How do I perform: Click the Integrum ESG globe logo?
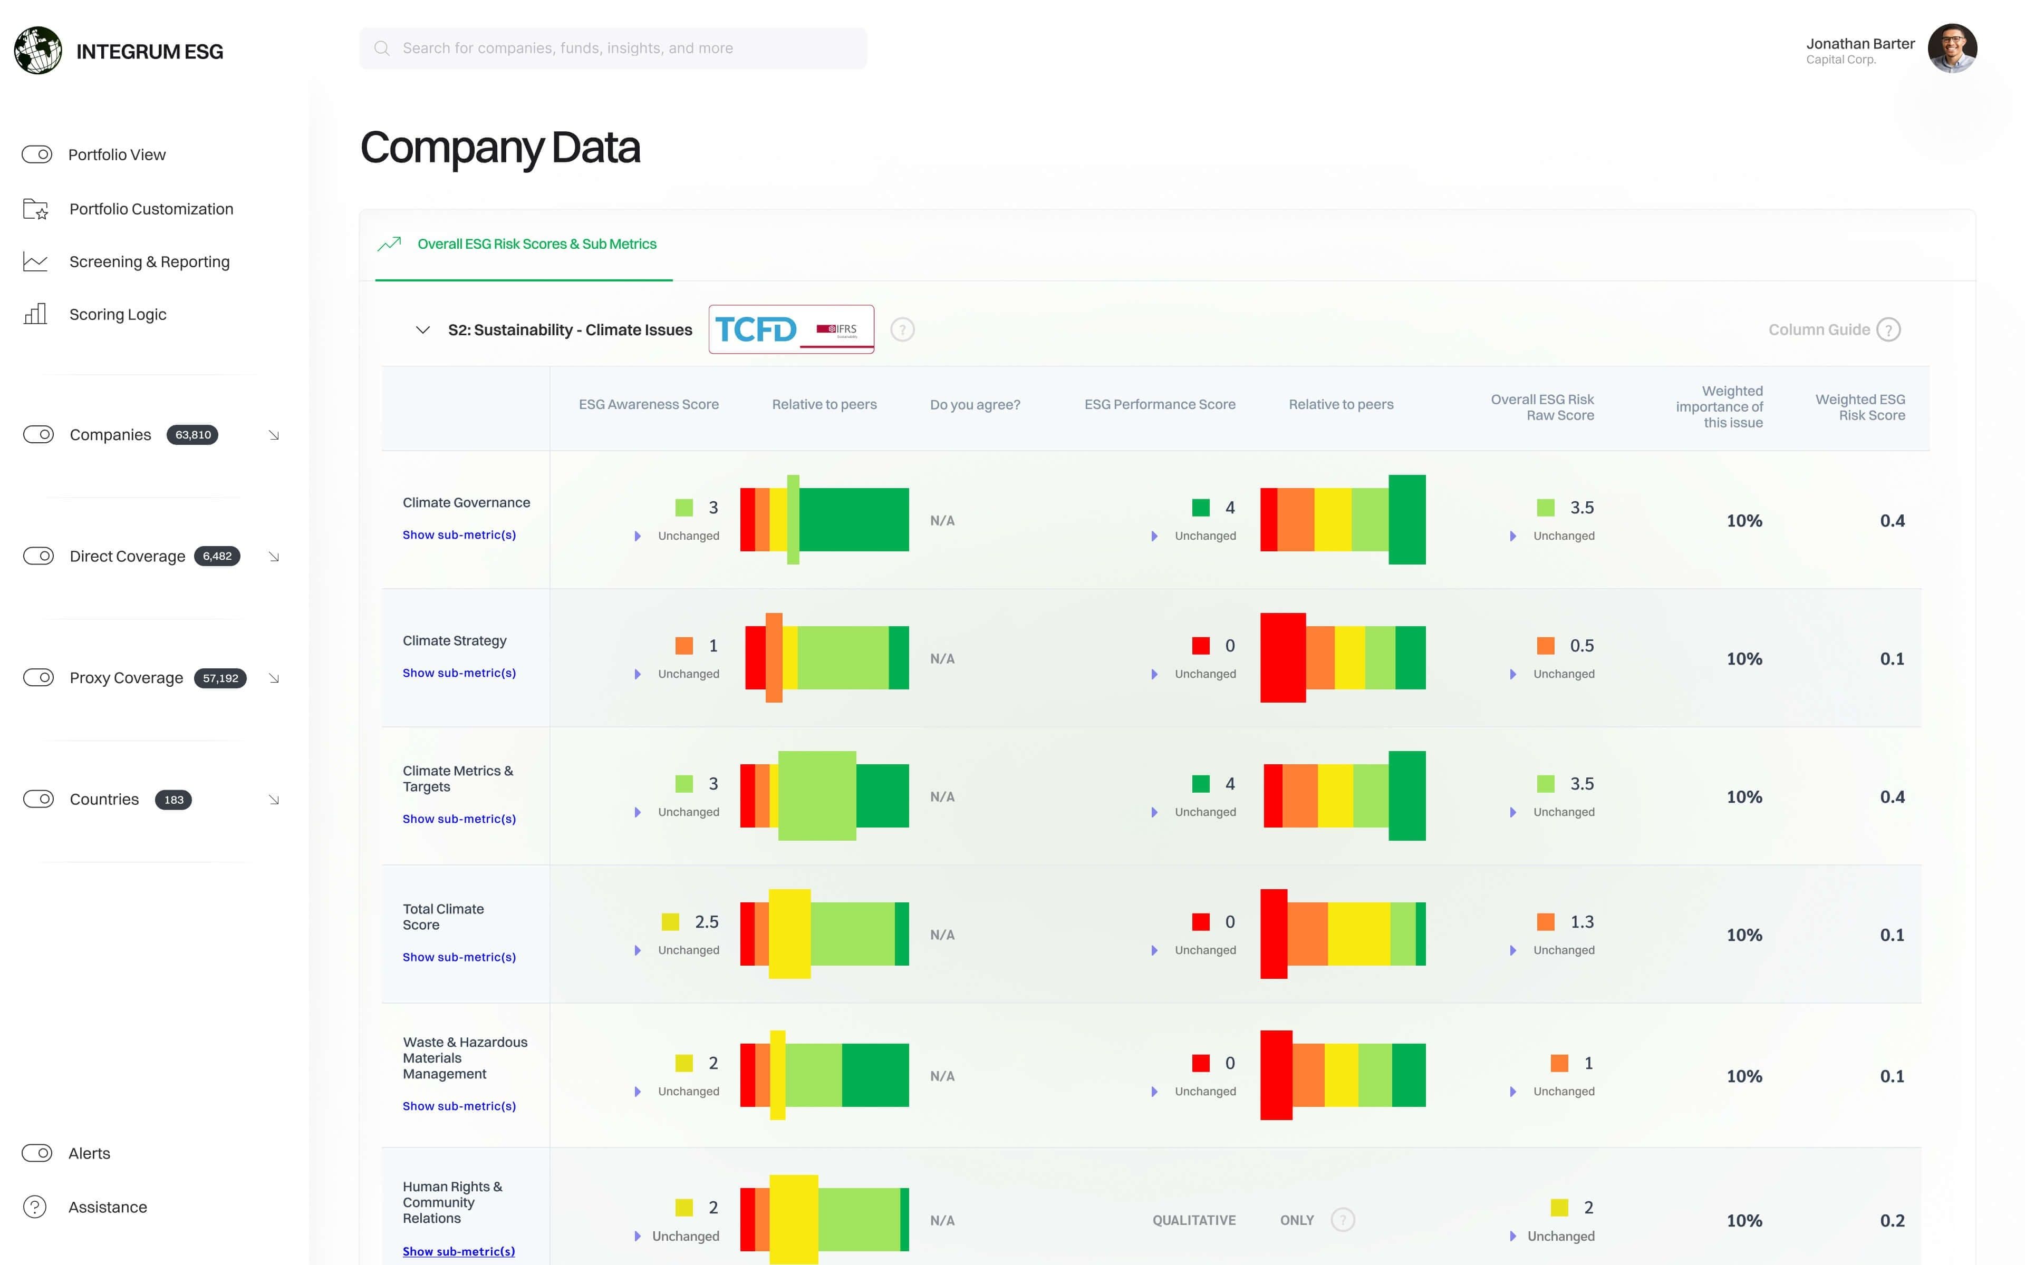point(37,50)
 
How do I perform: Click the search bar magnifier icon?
point(382,48)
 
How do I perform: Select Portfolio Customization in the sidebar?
point(151,209)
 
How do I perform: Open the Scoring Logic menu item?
point(117,315)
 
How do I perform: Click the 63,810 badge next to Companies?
point(192,435)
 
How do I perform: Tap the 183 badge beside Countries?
point(173,800)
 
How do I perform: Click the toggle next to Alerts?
point(37,1153)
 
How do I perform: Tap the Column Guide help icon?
point(1888,329)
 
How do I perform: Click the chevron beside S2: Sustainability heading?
point(422,329)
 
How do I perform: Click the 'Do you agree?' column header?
point(975,405)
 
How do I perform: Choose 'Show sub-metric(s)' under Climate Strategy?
point(459,673)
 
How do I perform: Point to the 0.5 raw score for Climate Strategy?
point(1580,646)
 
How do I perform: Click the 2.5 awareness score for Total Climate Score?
point(706,922)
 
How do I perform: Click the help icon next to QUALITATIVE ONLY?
point(1342,1220)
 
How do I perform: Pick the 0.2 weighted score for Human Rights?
point(1891,1221)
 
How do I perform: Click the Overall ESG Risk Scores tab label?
point(536,244)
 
